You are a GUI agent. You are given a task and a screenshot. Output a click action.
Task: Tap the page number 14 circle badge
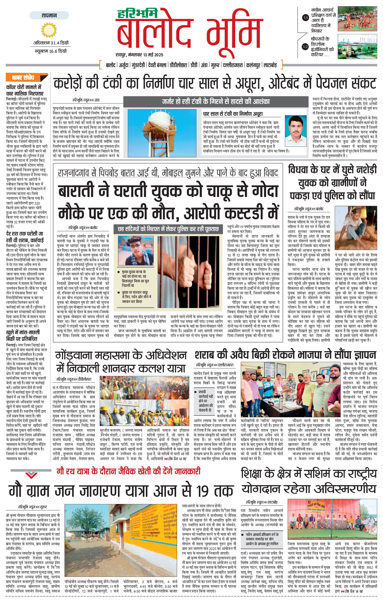(x=306, y=17)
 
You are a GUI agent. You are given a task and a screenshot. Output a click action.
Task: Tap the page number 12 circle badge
(x=305, y=46)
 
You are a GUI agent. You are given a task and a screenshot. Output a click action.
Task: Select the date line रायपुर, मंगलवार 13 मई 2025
(x=139, y=55)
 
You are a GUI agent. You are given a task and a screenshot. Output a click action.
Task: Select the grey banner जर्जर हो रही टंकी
(x=215, y=102)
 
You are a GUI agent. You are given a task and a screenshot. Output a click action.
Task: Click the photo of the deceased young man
(x=136, y=250)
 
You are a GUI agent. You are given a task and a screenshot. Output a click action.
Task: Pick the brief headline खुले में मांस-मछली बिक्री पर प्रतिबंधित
(x=23, y=335)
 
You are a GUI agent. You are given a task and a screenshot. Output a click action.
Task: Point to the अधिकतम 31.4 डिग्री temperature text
(x=51, y=43)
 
